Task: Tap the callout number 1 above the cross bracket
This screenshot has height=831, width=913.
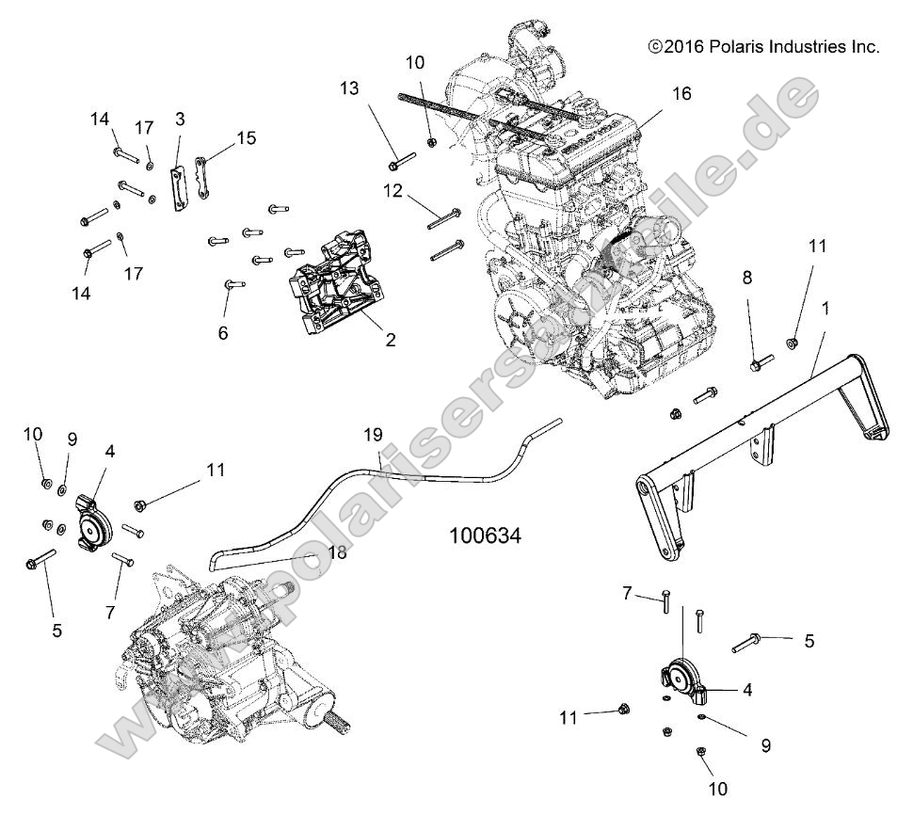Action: tap(825, 308)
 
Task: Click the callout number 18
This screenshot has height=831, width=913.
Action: tap(336, 552)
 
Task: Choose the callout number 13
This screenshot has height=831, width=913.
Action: tap(349, 88)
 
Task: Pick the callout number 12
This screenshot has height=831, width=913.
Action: tap(392, 191)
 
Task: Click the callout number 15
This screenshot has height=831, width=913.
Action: tap(246, 137)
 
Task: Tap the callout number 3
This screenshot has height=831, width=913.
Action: tap(180, 118)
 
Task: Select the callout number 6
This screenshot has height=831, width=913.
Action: tap(222, 332)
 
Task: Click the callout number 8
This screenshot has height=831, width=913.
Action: tap(747, 278)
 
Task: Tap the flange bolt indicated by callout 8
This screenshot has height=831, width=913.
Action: tap(761, 362)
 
